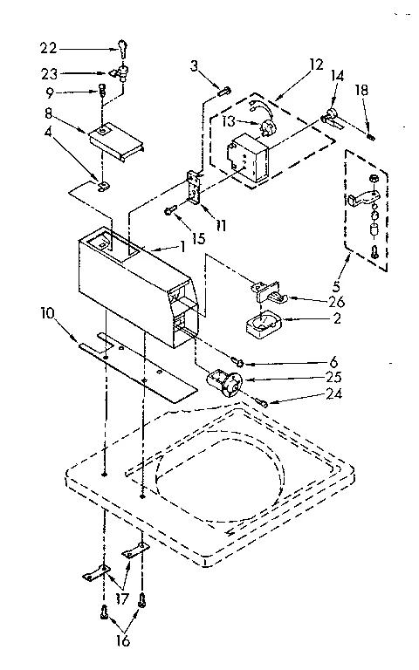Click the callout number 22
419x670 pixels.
click(x=48, y=47)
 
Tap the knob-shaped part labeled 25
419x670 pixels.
click(x=225, y=383)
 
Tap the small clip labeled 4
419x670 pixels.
click(x=102, y=185)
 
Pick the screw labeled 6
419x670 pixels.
click(x=237, y=360)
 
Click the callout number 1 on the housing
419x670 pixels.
click(x=183, y=246)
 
